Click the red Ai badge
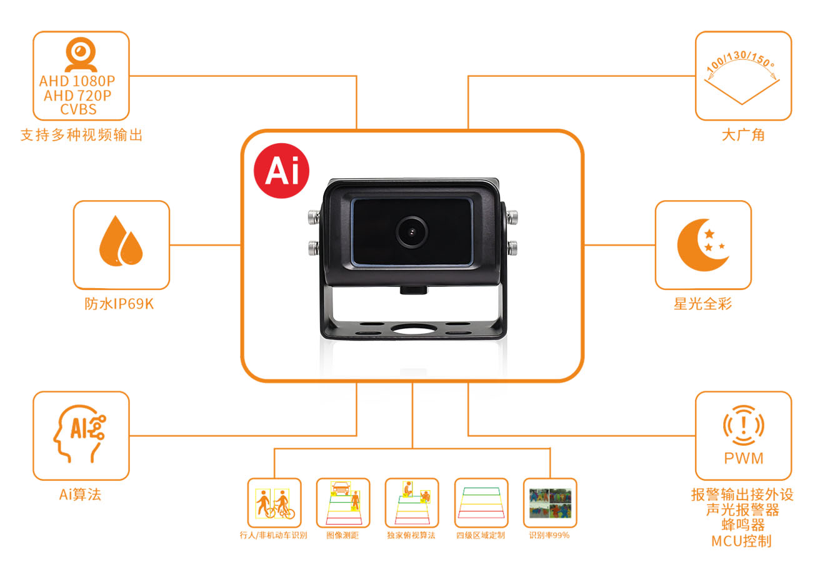[x=281, y=171]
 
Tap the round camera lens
[x=411, y=232]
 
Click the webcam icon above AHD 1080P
[x=81, y=54]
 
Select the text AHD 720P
[x=77, y=96]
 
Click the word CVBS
[x=78, y=109]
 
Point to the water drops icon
[x=121, y=241]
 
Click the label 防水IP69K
[x=119, y=304]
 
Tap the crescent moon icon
[x=702, y=245]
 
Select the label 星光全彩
[x=702, y=304]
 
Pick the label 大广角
[x=743, y=135]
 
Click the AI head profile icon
[x=79, y=434]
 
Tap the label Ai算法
[x=80, y=494]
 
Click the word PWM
[x=744, y=459]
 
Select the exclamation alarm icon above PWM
[x=744, y=426]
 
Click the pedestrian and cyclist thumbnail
[x=274, y=503]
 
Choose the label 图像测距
[x=342, y=535]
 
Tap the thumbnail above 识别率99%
[x=550, y=503]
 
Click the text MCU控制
[x=741, y=541]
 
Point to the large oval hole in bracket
[x=413, y=329]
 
